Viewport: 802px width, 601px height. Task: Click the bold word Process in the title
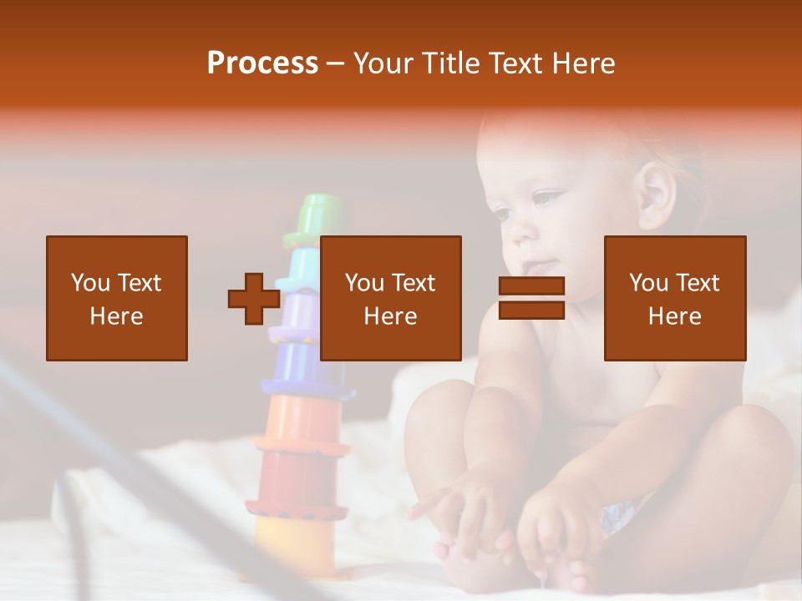click(262, 63)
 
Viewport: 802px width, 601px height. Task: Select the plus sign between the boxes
click(254, 298)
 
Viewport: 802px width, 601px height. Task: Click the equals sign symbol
click(531, 298)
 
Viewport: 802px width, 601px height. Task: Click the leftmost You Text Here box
click(117, 298)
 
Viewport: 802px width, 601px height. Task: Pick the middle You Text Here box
click(391, 298)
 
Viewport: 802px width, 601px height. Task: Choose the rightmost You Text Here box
click(674, 298)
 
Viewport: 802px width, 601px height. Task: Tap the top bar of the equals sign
click(531, 285)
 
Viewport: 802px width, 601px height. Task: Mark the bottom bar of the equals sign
click(531, 311)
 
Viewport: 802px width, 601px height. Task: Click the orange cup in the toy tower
click(302, 422)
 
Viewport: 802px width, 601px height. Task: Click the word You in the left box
click(89, 283)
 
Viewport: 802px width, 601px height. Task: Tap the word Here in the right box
click(674, 316)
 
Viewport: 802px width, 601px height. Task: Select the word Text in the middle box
click(413, 283)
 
